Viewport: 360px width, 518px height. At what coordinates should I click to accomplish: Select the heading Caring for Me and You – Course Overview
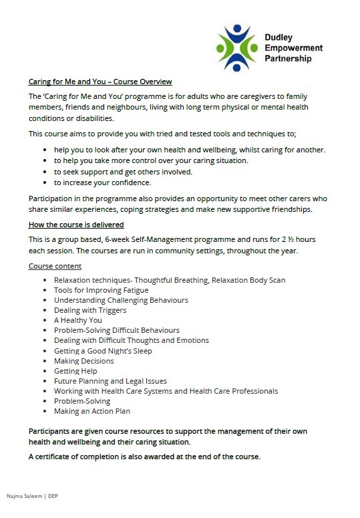pyautogui.click(x=100, y=82)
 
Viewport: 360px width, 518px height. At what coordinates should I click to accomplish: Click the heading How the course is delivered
pyautogui.click(x=76, y=225)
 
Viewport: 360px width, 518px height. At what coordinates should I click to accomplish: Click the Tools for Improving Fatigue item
pyautogui.click(x=101, y=290)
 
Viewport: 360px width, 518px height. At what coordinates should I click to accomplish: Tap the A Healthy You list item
pyautogui.click(x=77, y=320)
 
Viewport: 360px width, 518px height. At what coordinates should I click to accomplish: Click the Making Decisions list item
pyautogui.click(x=83, y=361)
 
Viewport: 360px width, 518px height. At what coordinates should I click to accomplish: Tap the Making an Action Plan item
pyautogui.click(x=92, y=411)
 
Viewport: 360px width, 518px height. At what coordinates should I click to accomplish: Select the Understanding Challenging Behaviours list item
pyautogui.click(x=121, y=300)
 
